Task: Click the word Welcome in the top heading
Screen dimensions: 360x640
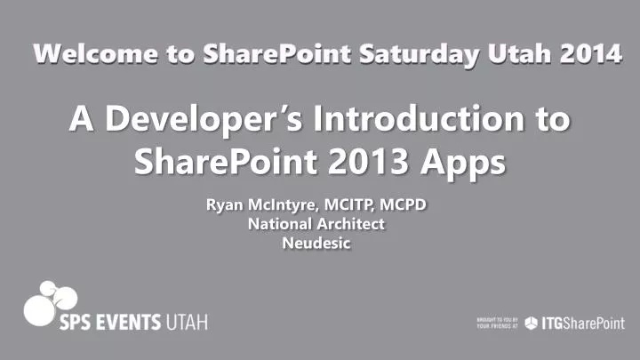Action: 80,55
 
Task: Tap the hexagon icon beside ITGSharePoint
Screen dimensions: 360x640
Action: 531,322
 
